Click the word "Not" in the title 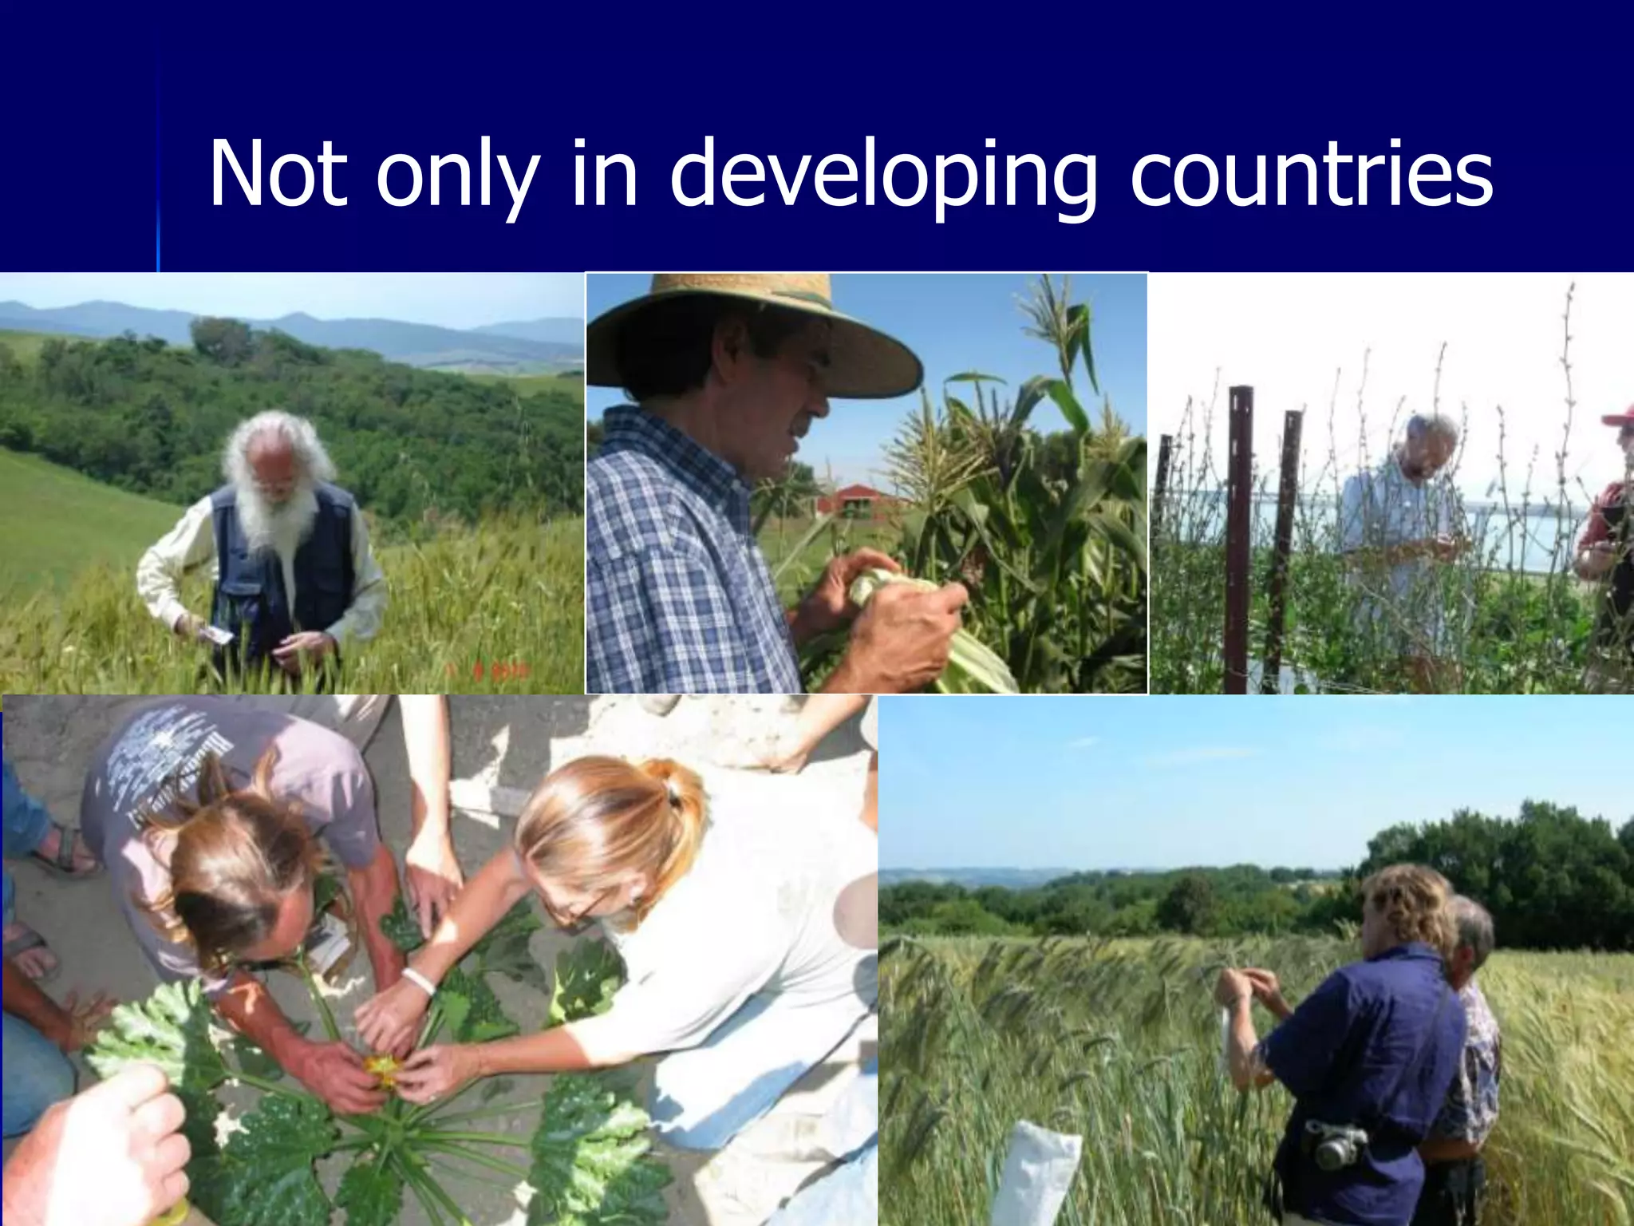(x=278, y=174)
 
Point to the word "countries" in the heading (x=1311, y=174)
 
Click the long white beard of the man (x=275, y=511)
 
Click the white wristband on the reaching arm (x=419, y=979)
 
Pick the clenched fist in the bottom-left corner (x=96, y=1149)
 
